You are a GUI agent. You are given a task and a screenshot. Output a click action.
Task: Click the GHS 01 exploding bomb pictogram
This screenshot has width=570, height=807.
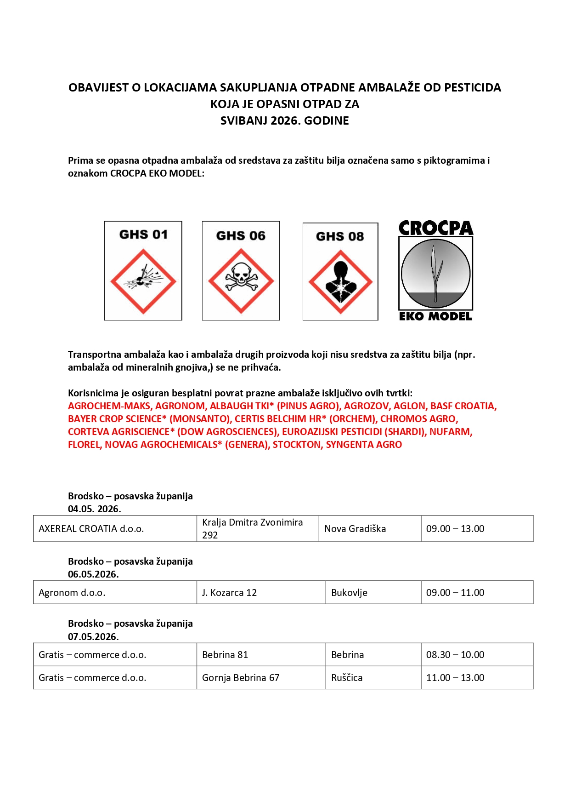tap(143, 281)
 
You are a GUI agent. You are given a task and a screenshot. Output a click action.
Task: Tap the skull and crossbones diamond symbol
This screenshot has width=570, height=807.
tap(241, 281)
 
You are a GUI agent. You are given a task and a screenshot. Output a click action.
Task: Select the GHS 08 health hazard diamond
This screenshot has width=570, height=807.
tap(340, 282)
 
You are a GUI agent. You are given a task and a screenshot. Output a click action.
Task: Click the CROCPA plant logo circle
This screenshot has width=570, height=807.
tap(435, 274)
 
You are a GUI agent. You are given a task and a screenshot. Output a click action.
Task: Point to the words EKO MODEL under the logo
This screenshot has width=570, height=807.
tap(435, 316)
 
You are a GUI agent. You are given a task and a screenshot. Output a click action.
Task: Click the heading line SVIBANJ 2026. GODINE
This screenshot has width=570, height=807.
tap(285, 120)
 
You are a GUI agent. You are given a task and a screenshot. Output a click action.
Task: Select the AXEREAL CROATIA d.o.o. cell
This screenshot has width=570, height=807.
tap(91, 529)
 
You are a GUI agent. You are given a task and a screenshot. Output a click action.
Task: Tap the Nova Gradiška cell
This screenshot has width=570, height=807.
tap(355, 529)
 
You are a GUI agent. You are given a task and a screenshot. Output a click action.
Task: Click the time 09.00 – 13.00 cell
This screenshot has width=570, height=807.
tap(455, 529)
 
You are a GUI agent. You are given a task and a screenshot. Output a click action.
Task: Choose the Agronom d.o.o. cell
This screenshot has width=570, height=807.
tap(72, 593)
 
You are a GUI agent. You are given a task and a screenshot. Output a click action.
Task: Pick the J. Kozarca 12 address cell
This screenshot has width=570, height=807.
tap(229, 593)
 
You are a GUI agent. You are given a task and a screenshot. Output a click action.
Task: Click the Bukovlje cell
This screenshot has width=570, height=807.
tap(349, 593)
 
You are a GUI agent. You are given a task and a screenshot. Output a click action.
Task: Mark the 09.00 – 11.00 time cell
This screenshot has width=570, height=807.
tap(455, 593)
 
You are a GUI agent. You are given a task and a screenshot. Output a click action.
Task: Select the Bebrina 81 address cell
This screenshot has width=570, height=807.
tap(225, 655)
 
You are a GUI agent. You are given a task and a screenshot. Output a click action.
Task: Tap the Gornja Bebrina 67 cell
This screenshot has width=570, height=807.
tap(241, 678)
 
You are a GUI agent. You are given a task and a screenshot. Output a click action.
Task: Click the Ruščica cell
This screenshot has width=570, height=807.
tap(347, 678)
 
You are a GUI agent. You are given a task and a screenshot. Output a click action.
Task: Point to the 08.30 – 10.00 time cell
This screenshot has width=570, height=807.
tap(455, 655)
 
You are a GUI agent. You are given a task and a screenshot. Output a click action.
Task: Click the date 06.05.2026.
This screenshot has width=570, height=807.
tap(93, 574)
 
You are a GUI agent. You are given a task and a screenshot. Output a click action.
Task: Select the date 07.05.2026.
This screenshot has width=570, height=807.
tap(93, 637)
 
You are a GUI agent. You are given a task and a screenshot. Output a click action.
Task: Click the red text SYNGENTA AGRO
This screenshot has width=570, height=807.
tap(364, 445)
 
